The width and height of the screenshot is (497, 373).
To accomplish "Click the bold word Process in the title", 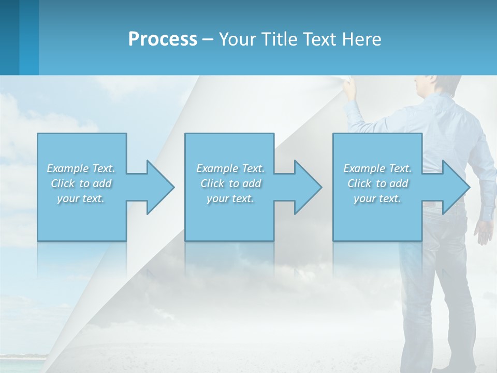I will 163,39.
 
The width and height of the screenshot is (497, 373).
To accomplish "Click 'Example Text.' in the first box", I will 81,168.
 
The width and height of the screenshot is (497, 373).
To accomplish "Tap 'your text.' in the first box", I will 81,198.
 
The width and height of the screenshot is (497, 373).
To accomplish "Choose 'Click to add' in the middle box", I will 231,183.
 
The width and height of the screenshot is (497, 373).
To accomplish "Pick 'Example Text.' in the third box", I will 377,168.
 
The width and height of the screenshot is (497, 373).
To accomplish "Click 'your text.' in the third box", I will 377,198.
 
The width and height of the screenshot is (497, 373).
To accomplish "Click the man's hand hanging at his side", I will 484,231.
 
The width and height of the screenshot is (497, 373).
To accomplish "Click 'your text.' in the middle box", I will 230,198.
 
